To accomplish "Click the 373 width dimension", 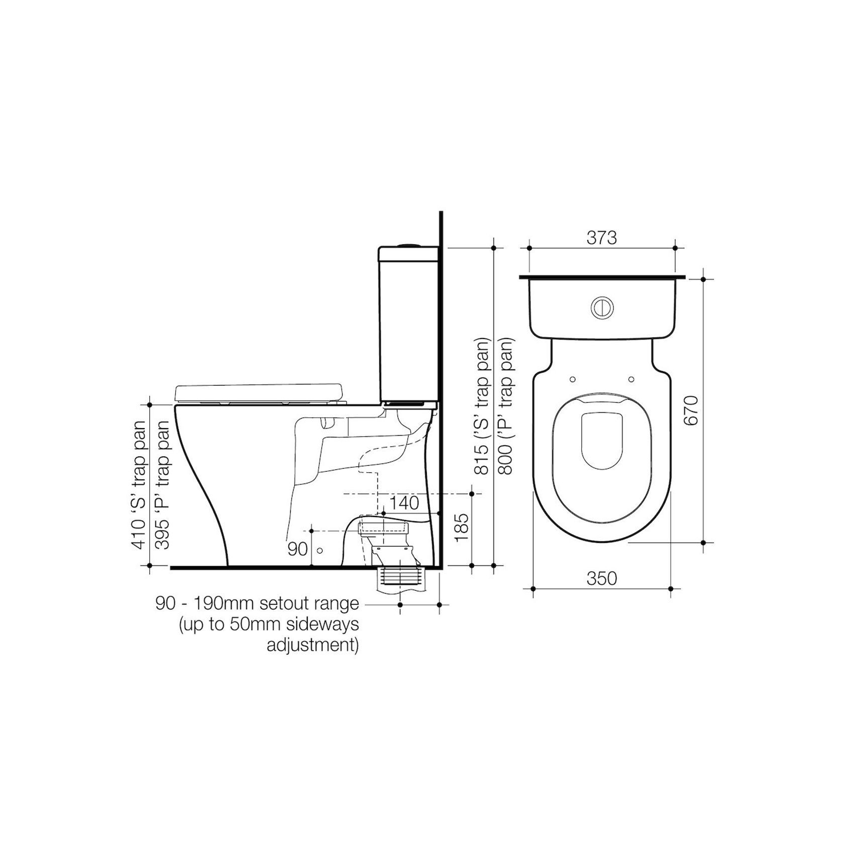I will tap(601, 238).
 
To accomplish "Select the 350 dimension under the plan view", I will tap(601, 579).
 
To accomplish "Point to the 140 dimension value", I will tap(404, 503).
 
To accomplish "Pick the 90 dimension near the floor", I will tap(297, 549).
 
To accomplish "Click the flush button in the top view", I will tap(601, 307).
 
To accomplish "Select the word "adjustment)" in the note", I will tap(312, 645).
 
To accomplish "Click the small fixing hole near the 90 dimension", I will tap(320, 550).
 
